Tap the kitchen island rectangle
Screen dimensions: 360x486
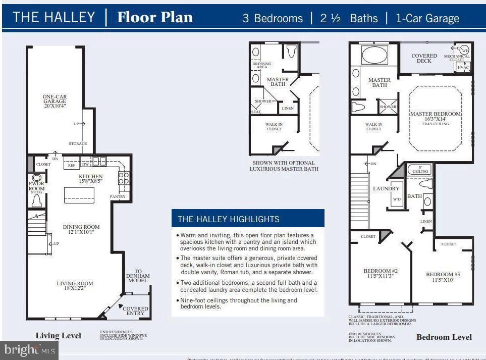[x=79, y=194]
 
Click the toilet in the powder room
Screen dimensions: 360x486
[x=36, y=201]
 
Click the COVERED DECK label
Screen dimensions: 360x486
[x=424, y=58]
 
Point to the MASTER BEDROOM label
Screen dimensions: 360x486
[x=435, y=114]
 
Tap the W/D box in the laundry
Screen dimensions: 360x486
[x=397, y=199]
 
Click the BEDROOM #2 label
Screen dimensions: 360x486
[x=381, y=271]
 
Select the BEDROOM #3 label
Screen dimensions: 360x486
[x=443, y=275]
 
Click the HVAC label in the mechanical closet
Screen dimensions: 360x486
[x=463, y=67]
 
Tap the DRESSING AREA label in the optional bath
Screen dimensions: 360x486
[x=261, y=65]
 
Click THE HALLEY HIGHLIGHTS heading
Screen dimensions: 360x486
[x=228, y=219]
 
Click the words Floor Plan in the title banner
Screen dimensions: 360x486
[x=155, y=18]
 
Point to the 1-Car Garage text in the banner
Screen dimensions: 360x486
[x=427, y=19]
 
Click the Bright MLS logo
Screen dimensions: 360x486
[x=29, y=349]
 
